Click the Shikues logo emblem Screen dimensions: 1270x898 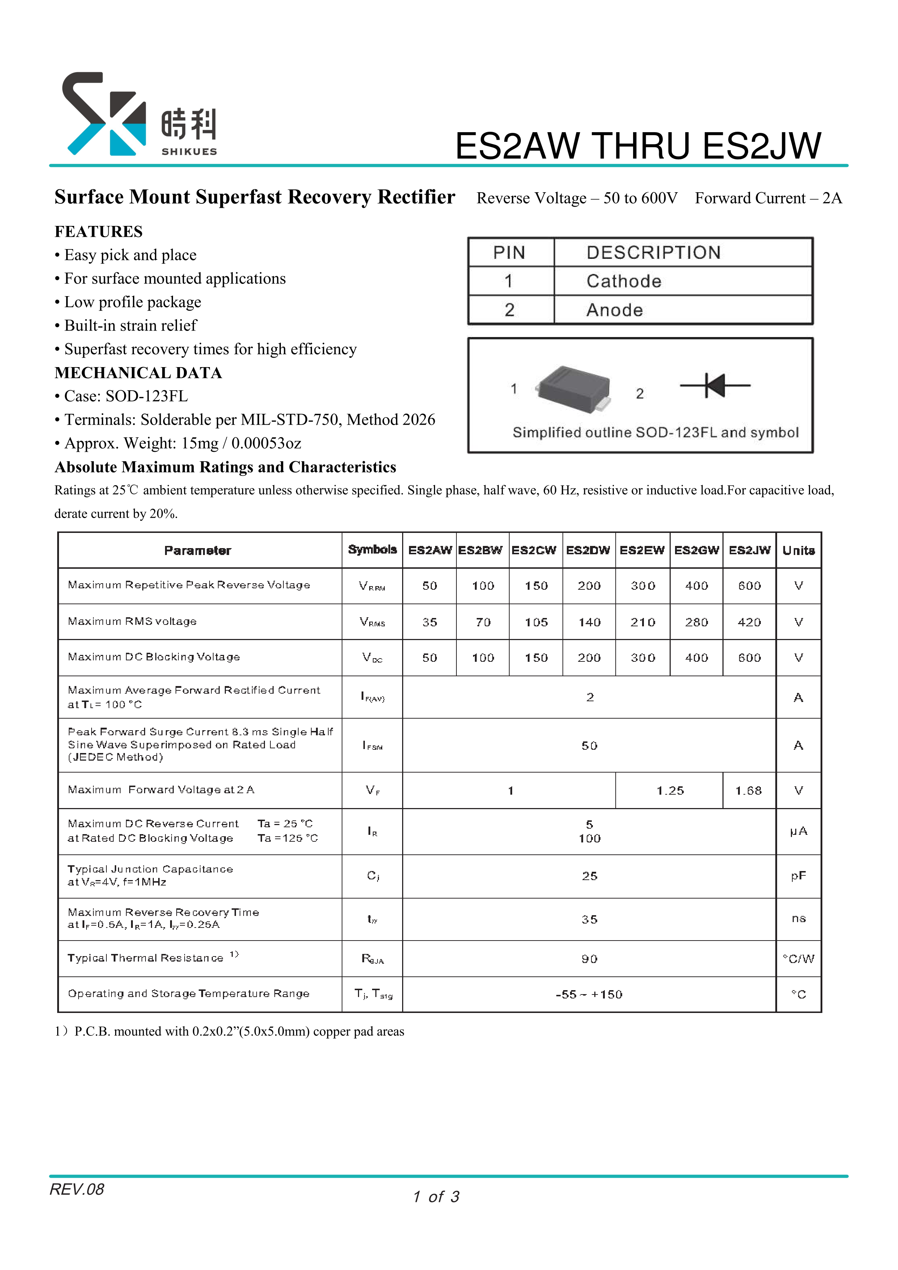[104, 113]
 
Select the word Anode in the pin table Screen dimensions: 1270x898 [614, 310]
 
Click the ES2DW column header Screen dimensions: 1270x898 [588, 550]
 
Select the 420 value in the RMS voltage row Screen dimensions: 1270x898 [749, 622]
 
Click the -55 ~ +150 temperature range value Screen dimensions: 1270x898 [589, 994]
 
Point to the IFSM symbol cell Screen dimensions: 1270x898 [372, 746]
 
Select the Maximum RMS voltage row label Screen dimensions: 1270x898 [132, 622]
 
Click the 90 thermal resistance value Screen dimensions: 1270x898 [589, 959]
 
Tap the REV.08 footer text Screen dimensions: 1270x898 [77, 1189]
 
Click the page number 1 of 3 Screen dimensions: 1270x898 [436, 1197]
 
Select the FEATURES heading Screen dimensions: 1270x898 [98, 231]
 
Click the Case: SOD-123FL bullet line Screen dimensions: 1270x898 [126, 396]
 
